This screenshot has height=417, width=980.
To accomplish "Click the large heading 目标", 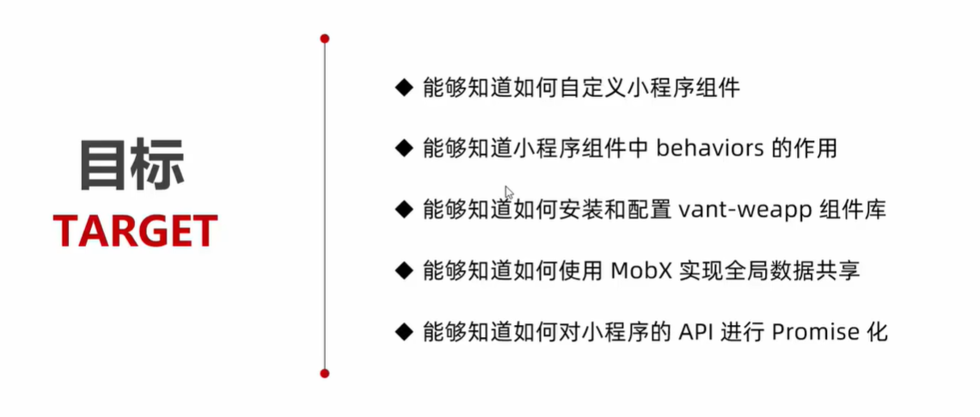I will (x=132, y=163).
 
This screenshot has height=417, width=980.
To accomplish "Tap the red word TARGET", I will (x=135, y=231).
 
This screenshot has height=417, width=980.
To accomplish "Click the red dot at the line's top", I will (x=325, y=39).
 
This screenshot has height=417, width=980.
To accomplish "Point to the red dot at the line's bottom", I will (x=325, y=373).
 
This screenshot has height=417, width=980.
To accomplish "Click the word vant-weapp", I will (x=744, y=210).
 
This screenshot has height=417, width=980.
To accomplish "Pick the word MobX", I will (x=640, y=271).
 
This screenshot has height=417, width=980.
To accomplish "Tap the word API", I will (x=700, y=332).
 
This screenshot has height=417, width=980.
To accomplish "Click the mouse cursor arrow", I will (x=509, y=193).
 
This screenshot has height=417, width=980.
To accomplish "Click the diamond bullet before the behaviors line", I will (x=403, y=148).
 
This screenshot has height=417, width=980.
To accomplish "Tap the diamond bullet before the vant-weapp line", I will (x=403, y=209).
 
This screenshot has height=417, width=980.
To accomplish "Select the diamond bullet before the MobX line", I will (x=403, y=270).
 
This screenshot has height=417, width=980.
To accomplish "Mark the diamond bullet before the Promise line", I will (x=403, y=331).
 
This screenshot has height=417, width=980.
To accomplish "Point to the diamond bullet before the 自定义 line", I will (x=403, y=87).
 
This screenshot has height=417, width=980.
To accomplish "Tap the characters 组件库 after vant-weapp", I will (x=854, y=210).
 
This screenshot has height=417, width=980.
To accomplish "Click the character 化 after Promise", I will (x=876, y=332).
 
